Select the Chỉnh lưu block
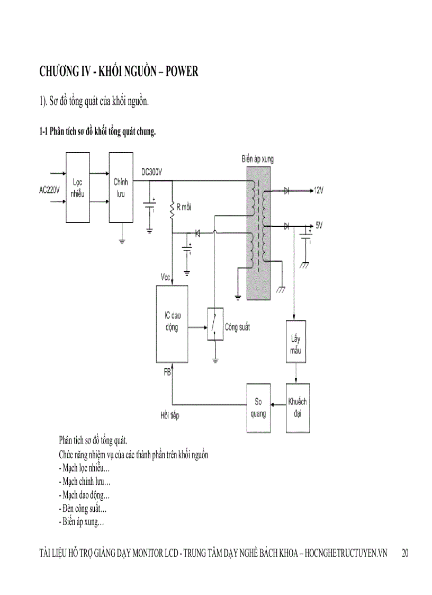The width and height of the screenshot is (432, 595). coord(121,187)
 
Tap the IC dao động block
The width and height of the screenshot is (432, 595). coord(173,323)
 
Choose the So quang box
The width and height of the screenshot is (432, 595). coord(258,407)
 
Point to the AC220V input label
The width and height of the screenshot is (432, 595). coord(49,190)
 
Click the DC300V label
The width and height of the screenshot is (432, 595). coord(152,172)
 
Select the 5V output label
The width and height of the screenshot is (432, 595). coord(319,225)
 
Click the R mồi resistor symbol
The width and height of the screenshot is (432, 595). coord(172,210)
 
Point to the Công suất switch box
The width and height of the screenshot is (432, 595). coord(214,323)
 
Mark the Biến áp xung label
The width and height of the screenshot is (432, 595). coord(257,159)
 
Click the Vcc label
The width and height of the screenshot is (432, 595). coord(166,277)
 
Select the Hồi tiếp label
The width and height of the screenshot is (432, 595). coord(170,415)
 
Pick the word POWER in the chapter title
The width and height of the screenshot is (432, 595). coord(182,72)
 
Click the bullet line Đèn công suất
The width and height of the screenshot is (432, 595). coord(83,509)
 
